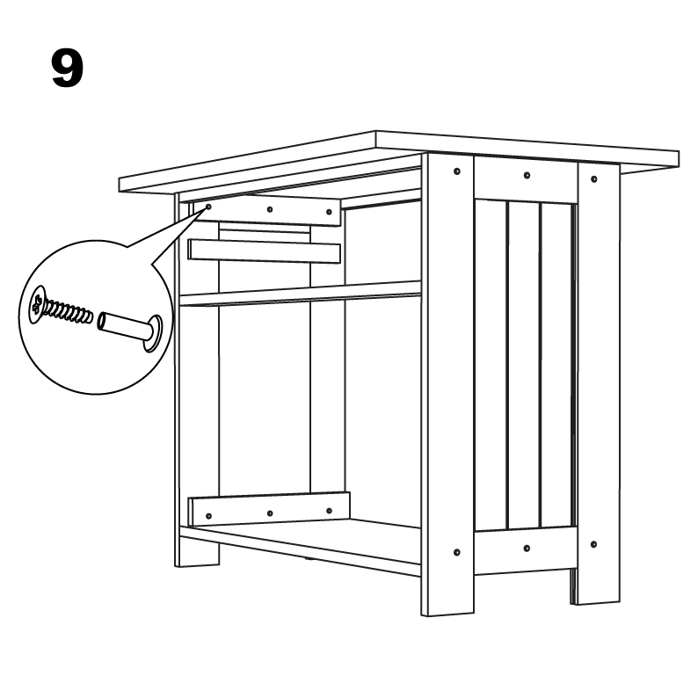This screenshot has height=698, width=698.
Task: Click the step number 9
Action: pyautogui.click(x=67, y=69)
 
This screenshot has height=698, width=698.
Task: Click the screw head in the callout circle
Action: pyautogui.click(x=38, y=304)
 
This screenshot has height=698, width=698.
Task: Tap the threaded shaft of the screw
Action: pyautogui.click(x=69, y=310)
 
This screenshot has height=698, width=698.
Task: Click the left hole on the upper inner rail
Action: pyautogui.click(x=208, y=207)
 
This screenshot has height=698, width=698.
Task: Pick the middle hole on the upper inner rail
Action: pyautogui.click(x=270, y=209)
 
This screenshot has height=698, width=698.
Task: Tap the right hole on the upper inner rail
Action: pyautogui.click(x=329, y=212)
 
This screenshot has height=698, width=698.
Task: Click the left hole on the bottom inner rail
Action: pyautogui.click(x=208, y=516)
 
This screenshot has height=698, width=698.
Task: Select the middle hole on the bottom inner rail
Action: pyautogui.click(x=270, y=513)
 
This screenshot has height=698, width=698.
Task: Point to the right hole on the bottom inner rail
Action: pyautogui.click(x=329, y=511)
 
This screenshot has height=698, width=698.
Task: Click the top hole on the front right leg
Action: pyautogui.click(x=457, y=171)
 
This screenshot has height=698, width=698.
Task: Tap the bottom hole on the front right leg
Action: pyautogui.click(x=457, y=552)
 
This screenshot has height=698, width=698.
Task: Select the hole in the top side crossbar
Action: pyautogui.click(x=527, y=175)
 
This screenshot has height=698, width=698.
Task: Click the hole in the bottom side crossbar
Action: pyautogui.click(x=527, y=548)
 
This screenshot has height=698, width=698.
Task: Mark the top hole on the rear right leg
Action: pyautogui.click(x=594, y=179)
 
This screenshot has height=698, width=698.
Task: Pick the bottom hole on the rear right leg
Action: pyautogui.click(x=593, y=544)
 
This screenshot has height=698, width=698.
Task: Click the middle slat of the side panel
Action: pyautogui.click(x=524, y=365)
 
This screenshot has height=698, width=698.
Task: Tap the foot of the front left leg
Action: pyautogui.click(x=197, y=553)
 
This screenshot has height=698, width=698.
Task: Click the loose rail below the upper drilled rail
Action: pyautogui.click(x=265, y=251)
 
